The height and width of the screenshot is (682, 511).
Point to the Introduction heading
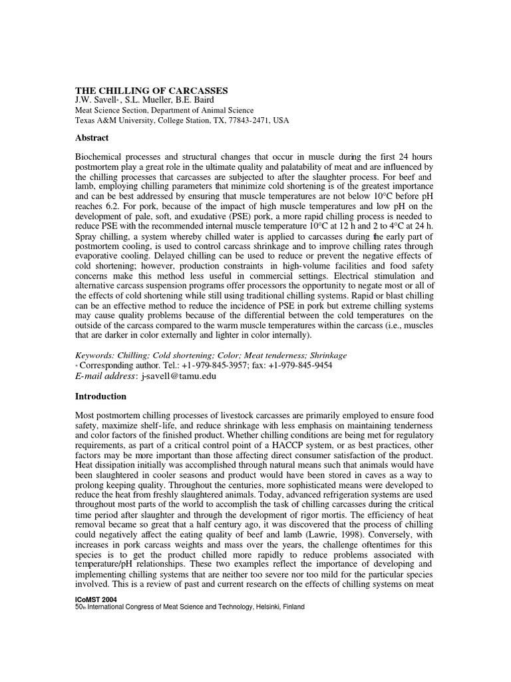[100, 396]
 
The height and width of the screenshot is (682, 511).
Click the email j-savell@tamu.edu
[178, 376]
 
